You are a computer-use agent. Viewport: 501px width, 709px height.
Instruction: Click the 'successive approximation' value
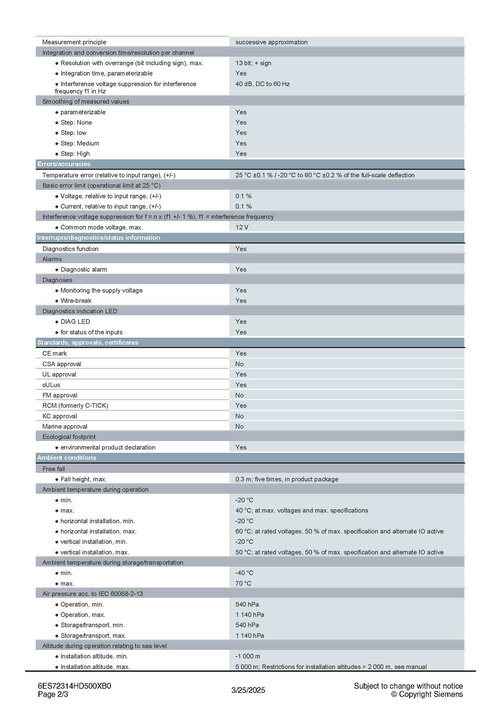[271, 42]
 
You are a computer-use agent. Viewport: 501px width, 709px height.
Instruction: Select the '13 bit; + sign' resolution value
[253, 63]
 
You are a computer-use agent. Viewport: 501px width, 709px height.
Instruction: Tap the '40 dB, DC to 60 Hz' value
[262, 84]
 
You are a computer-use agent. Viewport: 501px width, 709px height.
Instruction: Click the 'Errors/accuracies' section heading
[64, 164]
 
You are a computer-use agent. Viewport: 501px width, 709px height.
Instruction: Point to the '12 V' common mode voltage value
[242, 227]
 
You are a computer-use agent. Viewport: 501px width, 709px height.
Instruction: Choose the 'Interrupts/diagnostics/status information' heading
[99, 237]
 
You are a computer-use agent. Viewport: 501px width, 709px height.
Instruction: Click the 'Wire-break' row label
[76, 300]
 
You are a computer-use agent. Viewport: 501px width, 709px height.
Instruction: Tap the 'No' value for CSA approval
[239, 364]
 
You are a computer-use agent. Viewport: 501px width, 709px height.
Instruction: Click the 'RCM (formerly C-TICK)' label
[75, 406]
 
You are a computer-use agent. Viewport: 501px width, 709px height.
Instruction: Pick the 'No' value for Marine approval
[239, 426]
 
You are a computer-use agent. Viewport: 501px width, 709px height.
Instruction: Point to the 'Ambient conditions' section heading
[67, 458]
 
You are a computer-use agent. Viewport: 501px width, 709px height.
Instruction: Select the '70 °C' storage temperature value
[243, 583]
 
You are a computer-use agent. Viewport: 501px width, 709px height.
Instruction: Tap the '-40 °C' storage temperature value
[244, 573]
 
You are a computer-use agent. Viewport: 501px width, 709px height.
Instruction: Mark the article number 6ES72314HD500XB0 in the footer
[74, 686]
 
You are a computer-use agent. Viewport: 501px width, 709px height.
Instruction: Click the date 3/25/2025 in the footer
[248, 690]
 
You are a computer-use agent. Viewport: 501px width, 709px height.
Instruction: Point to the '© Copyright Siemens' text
[427, 694]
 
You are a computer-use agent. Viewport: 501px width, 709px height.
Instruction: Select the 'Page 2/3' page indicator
[53, 694]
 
